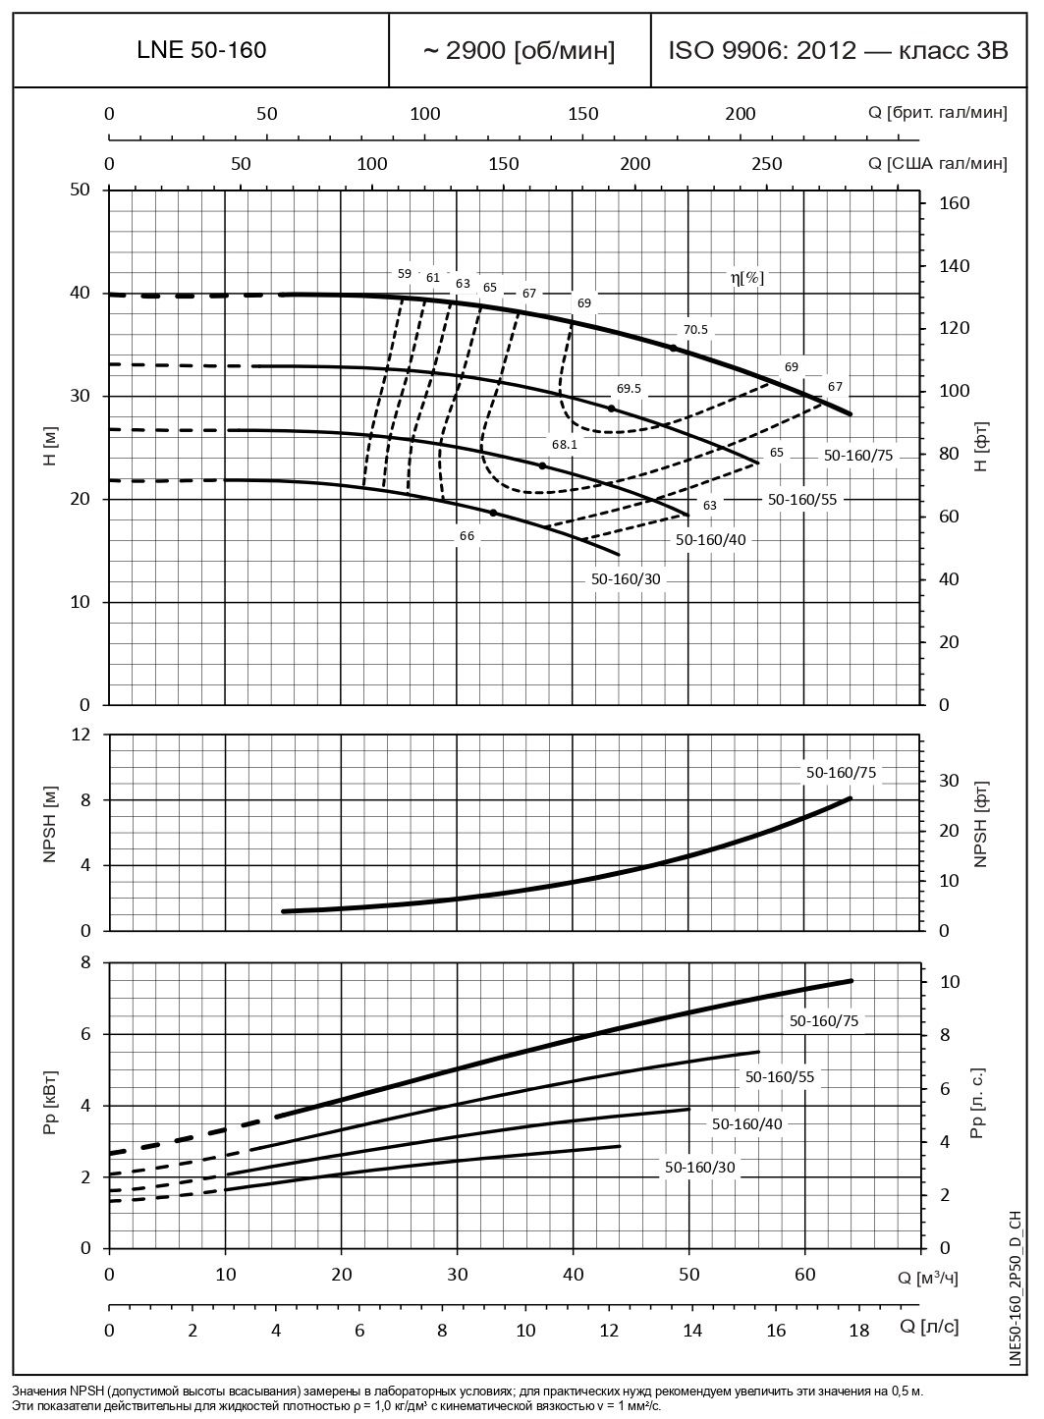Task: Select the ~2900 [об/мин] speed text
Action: click(x=519, y=50)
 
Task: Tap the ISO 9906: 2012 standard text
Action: click(x=838, y=50)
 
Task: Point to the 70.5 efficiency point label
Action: click(x=695, y=330)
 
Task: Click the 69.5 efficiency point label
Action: click(x=629, y=388)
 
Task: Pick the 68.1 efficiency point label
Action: click(x=564, y=444)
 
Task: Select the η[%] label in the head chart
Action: click(x=746, y=278)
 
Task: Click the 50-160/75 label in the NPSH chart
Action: click(x=841, y=773)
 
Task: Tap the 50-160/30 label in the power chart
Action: click(x=699, y=1168)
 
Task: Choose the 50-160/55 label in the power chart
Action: click(x=780, y=1076)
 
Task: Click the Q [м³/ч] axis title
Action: click(x=927, y=1277)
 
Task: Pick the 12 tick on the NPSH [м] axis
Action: click(x=81, y=735)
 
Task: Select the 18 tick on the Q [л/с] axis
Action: click(x=858, y=1330)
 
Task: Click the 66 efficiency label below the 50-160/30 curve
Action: click(x=467, y=536)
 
